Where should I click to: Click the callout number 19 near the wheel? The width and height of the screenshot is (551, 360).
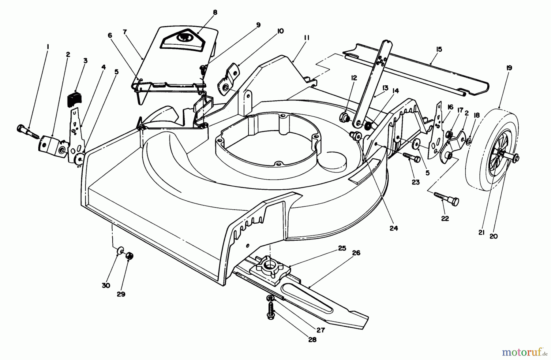(x=509, y=68)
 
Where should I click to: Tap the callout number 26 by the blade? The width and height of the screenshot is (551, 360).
(x=356, y=253)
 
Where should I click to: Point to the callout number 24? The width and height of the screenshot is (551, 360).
(x=394, y=228)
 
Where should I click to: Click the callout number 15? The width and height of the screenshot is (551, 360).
(x=439, y=49)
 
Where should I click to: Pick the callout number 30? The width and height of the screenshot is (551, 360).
(x=106, y=285)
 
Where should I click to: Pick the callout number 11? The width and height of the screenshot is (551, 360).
(x=307, y=38)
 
